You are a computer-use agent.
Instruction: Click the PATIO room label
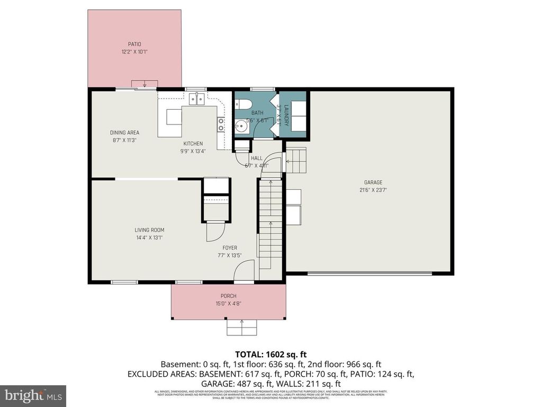(134, 44)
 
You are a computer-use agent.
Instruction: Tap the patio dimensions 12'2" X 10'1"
(134, 52)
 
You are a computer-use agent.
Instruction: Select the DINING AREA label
(125, 133)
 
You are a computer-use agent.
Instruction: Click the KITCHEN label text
(193, 144)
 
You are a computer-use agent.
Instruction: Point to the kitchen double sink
(197, 99)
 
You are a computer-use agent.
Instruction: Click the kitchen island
(174, 117)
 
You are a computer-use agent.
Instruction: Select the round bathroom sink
(242, 126)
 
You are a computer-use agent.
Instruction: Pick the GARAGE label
(373, 183)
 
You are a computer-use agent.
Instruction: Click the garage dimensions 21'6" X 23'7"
(373, 191)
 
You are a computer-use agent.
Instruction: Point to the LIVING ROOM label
(149, 230)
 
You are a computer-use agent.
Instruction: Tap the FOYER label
(229, 247)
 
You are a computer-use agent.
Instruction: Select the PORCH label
(229, 296)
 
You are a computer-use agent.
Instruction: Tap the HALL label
(257, 158)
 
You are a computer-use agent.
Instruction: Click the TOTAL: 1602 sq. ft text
(271, 354)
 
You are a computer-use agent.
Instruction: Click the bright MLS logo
(33, 395)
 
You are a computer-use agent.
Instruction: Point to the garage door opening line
(369, 273)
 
